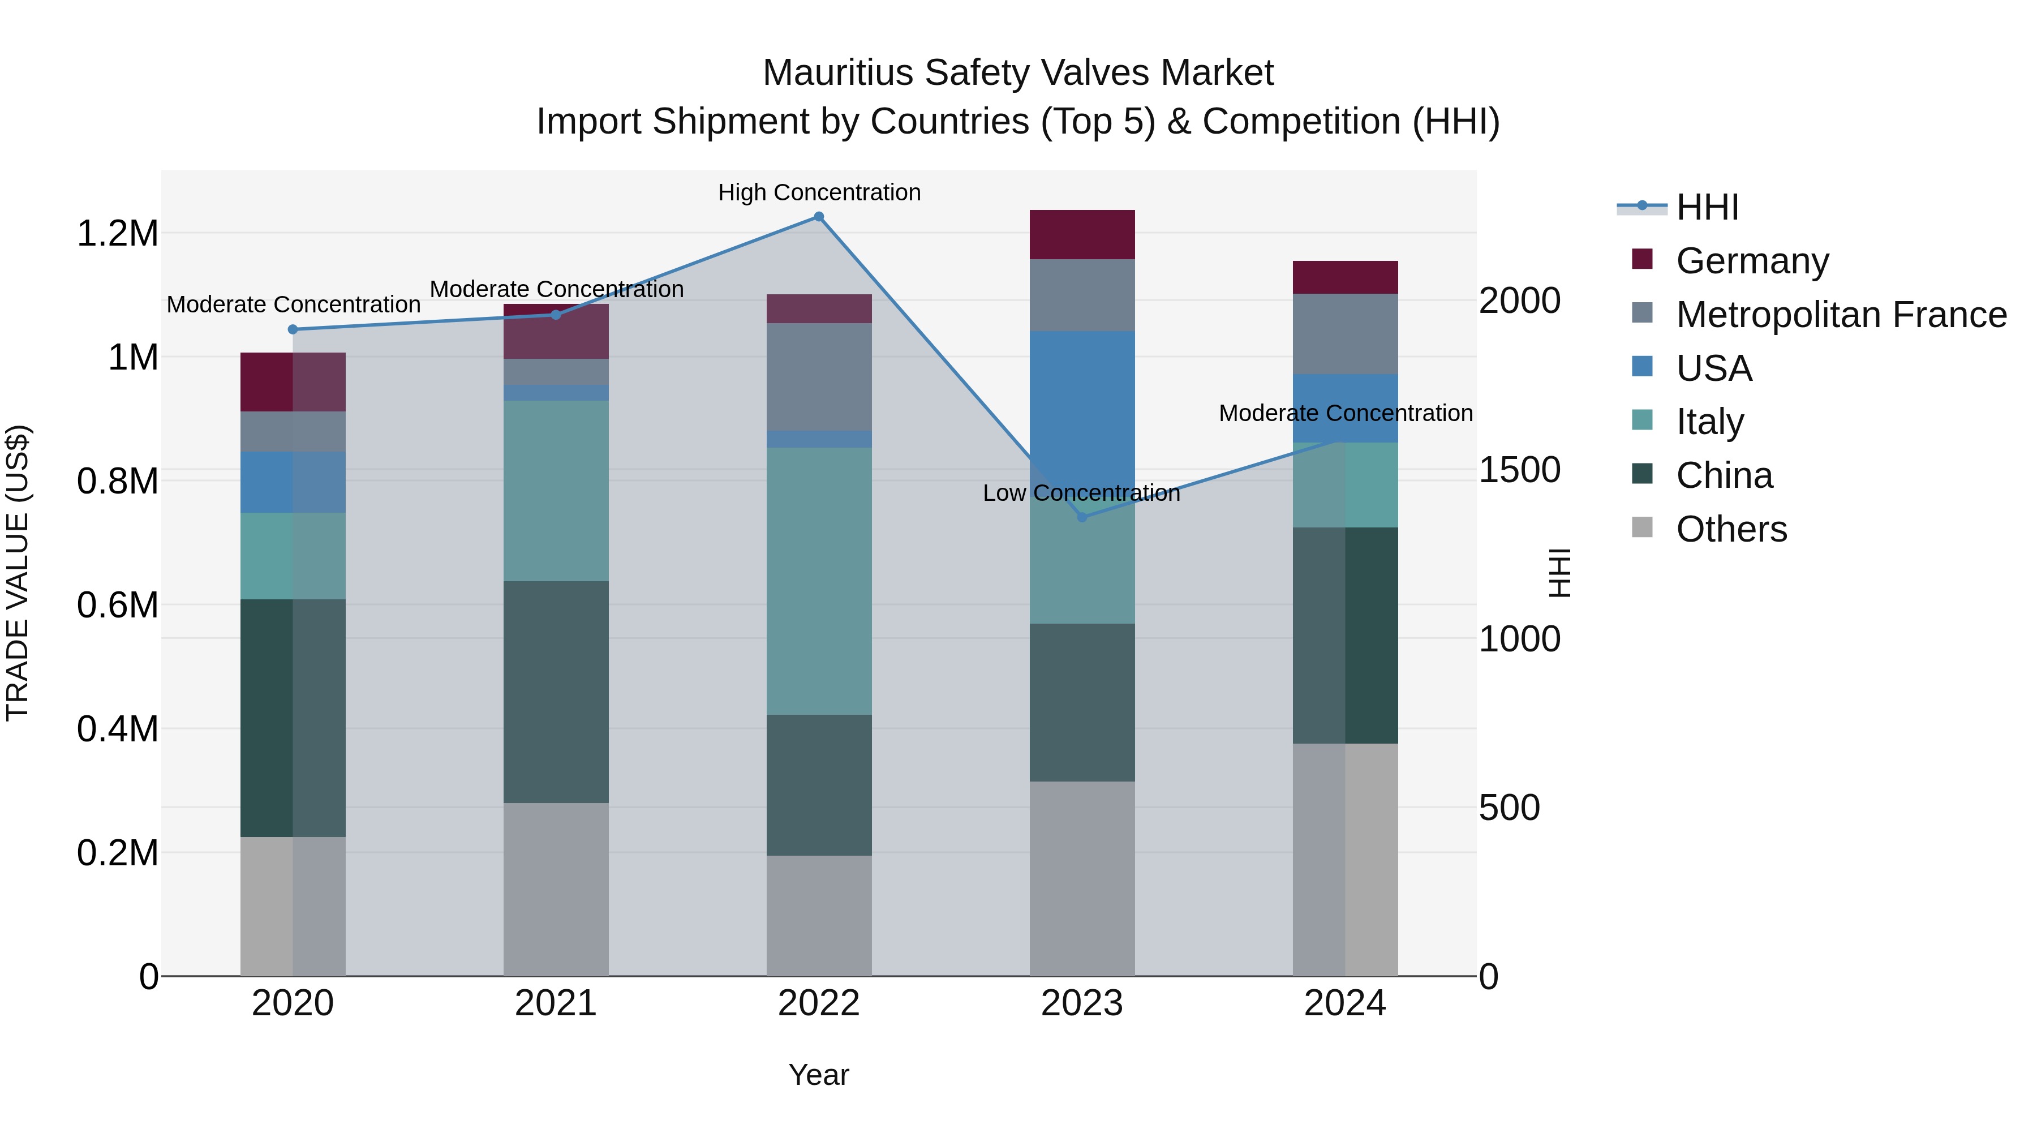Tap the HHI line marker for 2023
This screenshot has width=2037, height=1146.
tap(1082, 517)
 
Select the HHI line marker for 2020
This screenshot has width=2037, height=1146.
tap(293, 329)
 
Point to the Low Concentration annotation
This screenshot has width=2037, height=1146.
tap(1081, 493)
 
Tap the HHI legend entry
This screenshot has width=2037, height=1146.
tap(1707, 207)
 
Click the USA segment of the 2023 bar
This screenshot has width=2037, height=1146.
tap(1082, 396)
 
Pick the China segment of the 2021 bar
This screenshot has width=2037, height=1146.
tap(556, 692)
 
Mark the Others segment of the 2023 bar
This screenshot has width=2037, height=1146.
tap(1082, 878)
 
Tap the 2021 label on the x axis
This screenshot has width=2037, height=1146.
tap(556, 1003)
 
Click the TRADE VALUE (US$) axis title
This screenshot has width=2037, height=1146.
tap(18, 573)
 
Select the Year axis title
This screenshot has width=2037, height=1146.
tap(818, 1075)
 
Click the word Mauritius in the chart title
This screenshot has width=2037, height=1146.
tap(837, 73)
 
